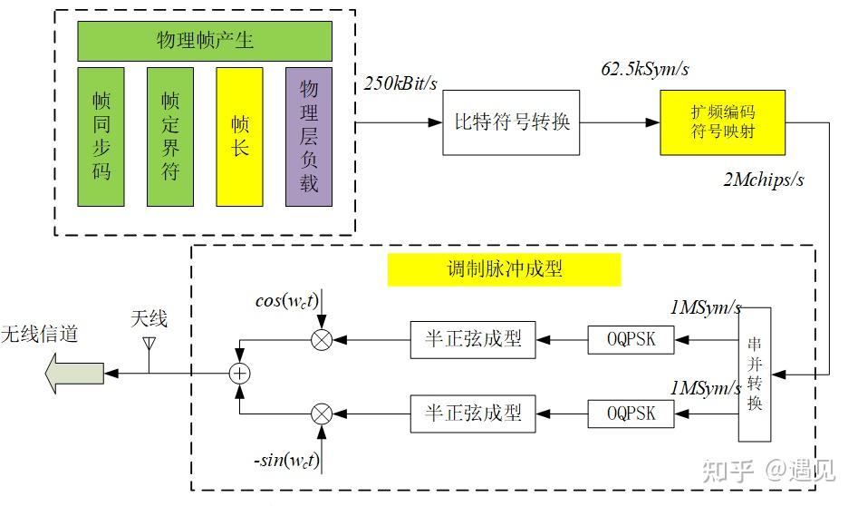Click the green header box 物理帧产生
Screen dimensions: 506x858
[205, 41]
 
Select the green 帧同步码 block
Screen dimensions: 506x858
[101, 136]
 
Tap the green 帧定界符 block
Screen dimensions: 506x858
[170, 136]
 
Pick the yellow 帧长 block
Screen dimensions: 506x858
[239, 136]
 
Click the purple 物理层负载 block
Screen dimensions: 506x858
[309, 136]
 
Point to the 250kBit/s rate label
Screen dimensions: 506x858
[400, 84]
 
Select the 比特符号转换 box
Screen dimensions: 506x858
[512, 122]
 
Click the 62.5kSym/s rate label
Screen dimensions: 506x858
[644, 69]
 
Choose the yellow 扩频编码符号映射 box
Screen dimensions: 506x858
[722, 122]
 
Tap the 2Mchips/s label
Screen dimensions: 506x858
[763, 179]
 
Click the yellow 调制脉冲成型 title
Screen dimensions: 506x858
[504, 269]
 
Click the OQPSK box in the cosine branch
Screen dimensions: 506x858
[633, 341]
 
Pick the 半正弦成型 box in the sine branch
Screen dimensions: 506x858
[473, 414]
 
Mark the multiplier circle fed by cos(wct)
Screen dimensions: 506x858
[321, 341]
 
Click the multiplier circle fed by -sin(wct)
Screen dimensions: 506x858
[321, 414]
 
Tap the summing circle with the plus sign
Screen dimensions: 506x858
[239, 373]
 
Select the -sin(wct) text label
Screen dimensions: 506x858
[285, 461]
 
